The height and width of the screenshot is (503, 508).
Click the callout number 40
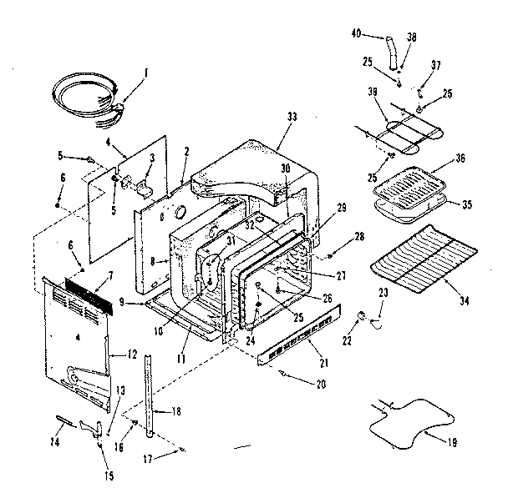[x=356, y=33]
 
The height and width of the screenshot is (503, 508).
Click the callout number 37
[x=435, y=65]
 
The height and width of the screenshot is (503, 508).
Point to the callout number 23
[x=384, y=291]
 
